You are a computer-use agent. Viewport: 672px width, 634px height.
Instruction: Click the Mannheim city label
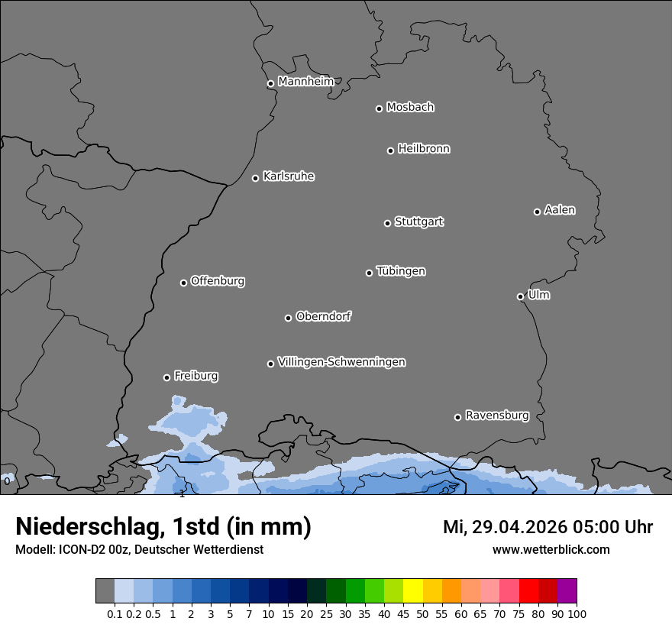click(305, 82)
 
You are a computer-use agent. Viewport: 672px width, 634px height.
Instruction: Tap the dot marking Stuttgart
click(387, 223)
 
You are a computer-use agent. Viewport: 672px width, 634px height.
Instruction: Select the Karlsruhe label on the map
click(289, 176)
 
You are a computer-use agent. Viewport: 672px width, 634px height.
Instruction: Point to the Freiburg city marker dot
click(166, 377)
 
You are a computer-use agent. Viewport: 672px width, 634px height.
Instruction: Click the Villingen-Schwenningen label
click(341, 362)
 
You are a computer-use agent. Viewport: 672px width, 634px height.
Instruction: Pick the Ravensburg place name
click(497, 416)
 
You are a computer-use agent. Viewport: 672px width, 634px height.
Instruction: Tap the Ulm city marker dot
click(520, 296)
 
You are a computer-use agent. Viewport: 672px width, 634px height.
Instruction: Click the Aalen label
click(560, 210)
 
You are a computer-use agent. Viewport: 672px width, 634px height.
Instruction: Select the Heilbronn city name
click(424, 149)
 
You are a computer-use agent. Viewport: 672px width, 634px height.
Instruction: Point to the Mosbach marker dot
click(379, 108)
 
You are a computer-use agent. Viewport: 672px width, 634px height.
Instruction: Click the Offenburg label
click(218, 281)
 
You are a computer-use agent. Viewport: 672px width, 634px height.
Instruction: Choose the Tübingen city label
click(401, 271)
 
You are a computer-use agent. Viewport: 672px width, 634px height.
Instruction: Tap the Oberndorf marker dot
click(288, 318)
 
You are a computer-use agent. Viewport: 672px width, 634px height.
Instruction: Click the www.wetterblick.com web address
click(551, 549)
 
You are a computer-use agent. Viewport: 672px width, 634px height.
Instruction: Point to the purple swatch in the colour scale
click(567, 590)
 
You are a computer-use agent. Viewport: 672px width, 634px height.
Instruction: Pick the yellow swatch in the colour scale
click(412, 590)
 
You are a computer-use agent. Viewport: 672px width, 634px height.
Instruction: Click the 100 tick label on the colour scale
click(577, 613)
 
